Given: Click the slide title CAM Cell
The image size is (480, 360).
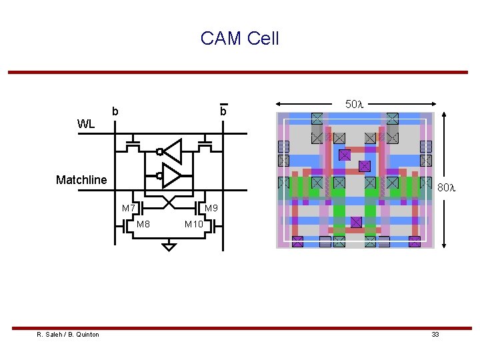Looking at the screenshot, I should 239,39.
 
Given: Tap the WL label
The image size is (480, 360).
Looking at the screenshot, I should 86,124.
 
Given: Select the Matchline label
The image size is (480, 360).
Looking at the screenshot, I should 81,180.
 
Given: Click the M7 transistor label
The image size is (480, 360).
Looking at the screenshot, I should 129,209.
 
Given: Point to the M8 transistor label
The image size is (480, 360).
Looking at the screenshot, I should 143,224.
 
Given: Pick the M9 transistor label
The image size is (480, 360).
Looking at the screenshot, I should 211,209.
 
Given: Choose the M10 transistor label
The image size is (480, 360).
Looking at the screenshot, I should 194,224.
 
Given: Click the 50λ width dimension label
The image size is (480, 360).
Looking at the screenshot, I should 353,104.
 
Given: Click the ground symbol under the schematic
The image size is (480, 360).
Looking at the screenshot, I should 169,247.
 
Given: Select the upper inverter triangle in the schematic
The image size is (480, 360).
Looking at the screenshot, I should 173,151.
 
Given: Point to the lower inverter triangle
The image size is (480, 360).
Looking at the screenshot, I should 171,176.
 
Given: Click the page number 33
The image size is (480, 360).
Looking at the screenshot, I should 435,335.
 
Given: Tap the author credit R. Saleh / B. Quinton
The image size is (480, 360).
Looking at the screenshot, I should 68,335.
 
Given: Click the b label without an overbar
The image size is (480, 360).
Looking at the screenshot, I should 115,111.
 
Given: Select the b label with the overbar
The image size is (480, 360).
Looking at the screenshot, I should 223,111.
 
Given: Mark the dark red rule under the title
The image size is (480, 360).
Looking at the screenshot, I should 239,72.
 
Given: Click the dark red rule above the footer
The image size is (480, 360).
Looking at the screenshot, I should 239,328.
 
